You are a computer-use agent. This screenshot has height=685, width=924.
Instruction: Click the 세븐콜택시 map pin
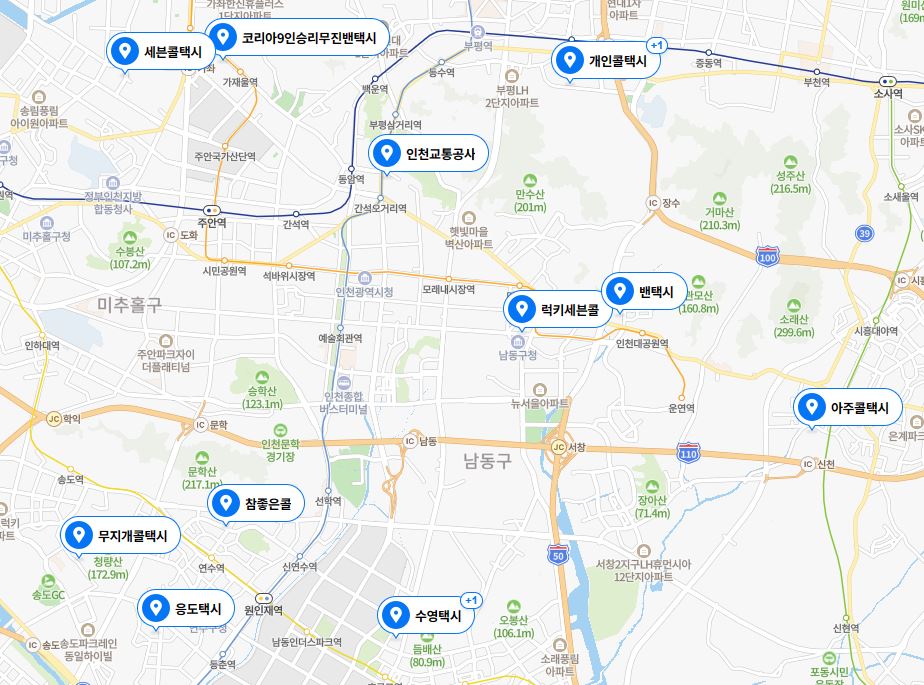pos(161,52)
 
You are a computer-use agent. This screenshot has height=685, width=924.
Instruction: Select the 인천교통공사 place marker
pos(429,154)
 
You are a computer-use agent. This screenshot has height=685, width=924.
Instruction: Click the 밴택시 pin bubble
pos(644,292)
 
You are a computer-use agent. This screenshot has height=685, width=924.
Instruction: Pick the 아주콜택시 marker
pos(847,408)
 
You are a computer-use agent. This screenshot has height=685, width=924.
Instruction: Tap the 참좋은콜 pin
pos(255,505)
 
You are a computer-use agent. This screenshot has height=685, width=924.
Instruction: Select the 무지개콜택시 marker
pos(121,536)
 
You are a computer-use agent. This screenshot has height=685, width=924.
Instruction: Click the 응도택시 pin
pos(186,608)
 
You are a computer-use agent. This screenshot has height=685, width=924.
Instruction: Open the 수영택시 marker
pos(425,615)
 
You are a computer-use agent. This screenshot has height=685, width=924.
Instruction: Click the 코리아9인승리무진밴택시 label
pos(297,38)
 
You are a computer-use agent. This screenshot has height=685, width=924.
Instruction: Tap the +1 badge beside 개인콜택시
pos(656,46)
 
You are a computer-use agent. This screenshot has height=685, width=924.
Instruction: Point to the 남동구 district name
pos(487,461)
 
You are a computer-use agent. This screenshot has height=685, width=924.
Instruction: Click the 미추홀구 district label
pos(129,304)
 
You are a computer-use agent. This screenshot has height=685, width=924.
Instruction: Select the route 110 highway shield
pos(687,453)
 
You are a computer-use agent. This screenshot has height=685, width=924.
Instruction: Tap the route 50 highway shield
pos(557,554)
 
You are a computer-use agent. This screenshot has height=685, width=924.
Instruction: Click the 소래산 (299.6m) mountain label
pos(794,326)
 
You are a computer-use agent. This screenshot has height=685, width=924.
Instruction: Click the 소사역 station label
pos(886,92)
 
